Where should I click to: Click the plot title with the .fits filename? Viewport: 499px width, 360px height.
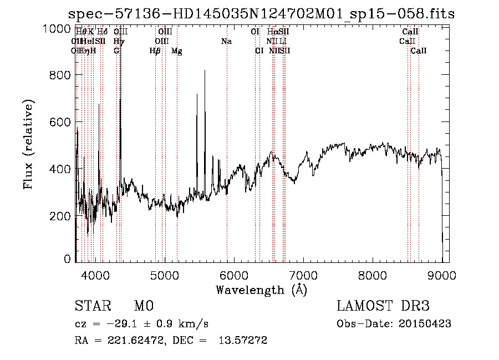click(261, 14)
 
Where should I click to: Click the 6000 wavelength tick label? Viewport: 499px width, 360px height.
click(234, 274)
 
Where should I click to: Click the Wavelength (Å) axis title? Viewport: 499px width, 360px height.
click(261, 290)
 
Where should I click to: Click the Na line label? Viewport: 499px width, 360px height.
click(226, 42)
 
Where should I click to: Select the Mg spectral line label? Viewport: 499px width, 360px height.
click(177, 51)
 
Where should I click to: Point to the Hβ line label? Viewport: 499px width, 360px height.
click(155, 51)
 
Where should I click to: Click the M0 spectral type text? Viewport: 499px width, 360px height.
click(143, 306)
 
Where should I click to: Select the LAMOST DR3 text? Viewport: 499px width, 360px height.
click(383, 306)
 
